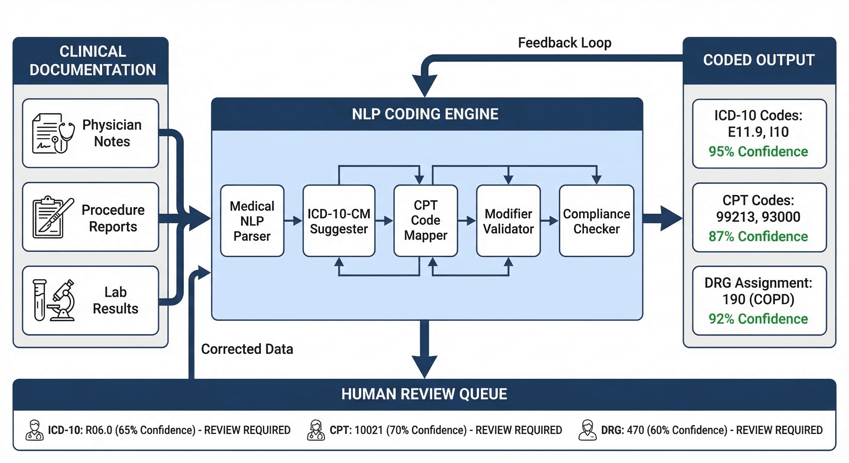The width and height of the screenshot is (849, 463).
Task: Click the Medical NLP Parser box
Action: click(x=252, y=221)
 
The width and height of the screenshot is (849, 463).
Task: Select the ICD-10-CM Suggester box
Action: click(x=339, y=221)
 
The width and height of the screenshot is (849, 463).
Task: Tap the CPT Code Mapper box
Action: click(x=425, y=221)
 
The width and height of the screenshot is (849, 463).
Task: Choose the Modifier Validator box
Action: click(x=508, y=221)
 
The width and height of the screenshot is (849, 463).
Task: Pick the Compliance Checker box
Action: click(x=596, y=221)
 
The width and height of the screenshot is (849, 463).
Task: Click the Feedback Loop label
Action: click(x=565, y=43)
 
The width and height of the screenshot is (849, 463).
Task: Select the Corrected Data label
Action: click(x=247, y=349)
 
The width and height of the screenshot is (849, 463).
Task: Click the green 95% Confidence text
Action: click(x=758, y=152)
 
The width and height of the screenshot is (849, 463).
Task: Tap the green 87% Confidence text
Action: click(x=758, y=236)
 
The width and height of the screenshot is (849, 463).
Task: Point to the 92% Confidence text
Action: click(x=758, y=319)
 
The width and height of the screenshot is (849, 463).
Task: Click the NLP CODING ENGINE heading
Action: click(x=425, y=114)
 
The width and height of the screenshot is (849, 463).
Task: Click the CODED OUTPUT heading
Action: click(x=759, y=60)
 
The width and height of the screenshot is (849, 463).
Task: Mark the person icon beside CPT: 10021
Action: click(x=316, y=430)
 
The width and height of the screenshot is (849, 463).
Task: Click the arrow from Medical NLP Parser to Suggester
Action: click(x=293, y=220)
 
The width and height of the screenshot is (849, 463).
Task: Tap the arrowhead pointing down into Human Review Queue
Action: click(x=425, y=366)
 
